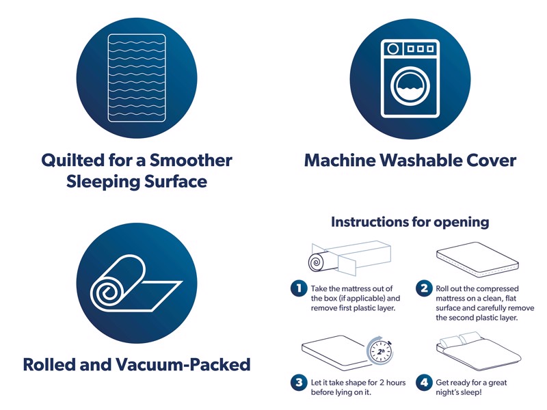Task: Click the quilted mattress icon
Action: pos(137,78)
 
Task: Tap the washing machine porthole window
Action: pos(410,87)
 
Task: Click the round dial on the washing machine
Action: pos(393,49)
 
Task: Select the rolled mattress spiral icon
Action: pos(136,283)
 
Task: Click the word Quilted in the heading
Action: pos(73,161)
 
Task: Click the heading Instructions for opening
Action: pos(410,221)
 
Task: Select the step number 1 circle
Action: pos(299,288)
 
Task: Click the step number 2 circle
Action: pos(424,288)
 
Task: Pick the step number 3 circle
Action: pos(299,383)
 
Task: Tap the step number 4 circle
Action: pos(424,383)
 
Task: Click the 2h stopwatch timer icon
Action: pos(380,351)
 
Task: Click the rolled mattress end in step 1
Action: pos(317,262)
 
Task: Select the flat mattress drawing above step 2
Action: pos(477,260)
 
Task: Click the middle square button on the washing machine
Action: pos(421,49)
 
